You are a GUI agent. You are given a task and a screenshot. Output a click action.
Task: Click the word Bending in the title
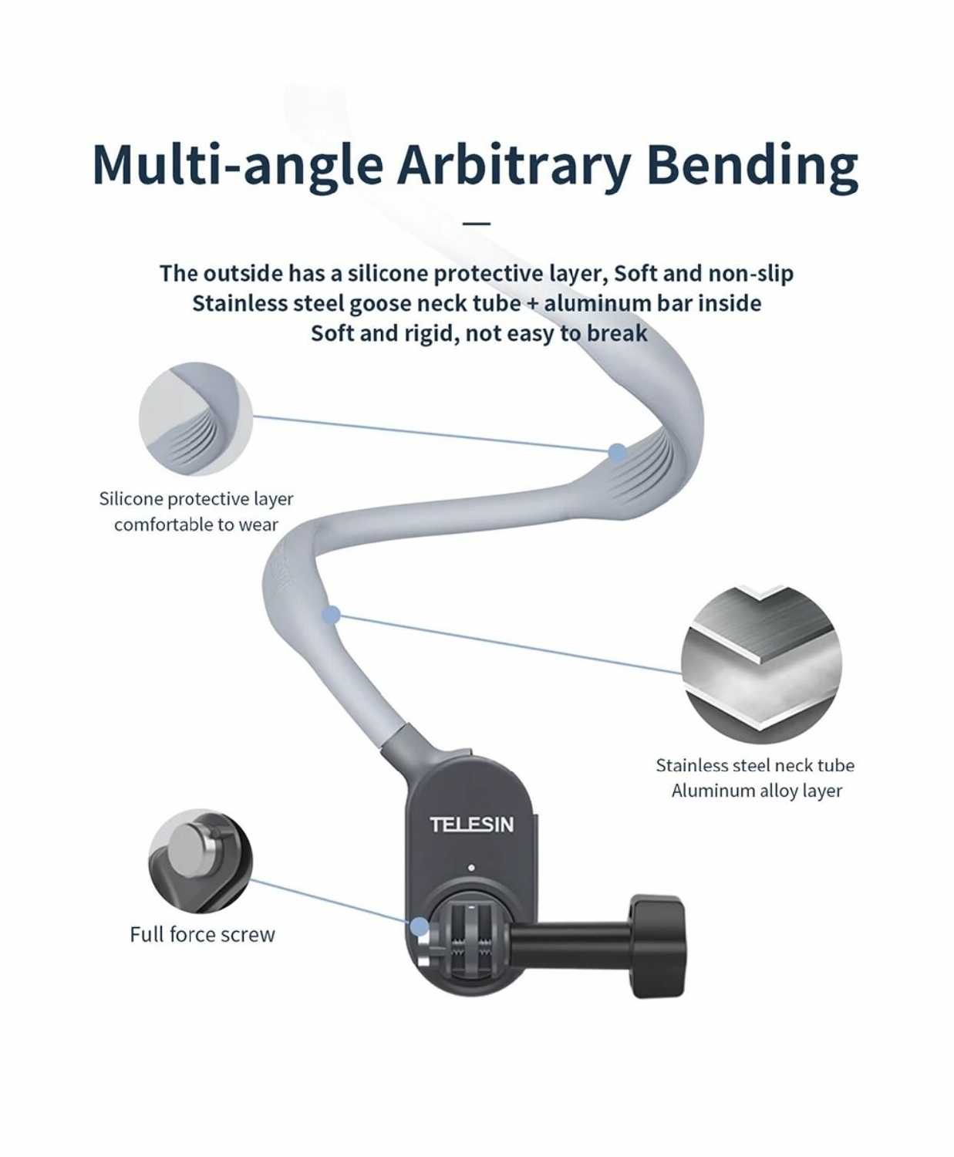coord(752,164)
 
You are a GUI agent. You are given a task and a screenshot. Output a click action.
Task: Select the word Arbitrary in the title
coord(514,164)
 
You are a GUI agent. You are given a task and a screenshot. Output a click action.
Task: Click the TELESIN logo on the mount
coord(471,825)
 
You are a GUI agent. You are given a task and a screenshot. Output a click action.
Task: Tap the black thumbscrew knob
coord(657,946)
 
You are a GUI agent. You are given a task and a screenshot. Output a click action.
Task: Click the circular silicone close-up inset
coord(196,419)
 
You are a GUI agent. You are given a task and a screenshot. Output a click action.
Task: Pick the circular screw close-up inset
coord(201,860)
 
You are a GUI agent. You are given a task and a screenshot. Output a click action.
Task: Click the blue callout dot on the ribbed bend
coord(617,453)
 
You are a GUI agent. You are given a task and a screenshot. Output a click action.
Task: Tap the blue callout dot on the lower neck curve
coord(331,615)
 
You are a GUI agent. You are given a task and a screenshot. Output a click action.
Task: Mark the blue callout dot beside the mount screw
coord(419,926)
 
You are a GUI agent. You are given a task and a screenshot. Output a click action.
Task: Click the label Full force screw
coord(202,935)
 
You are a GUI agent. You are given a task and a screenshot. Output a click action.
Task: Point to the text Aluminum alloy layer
coord(757,791)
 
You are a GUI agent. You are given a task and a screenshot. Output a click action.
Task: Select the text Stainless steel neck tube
coord(755,765)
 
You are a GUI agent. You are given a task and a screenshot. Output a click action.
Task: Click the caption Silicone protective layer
coord(196,499)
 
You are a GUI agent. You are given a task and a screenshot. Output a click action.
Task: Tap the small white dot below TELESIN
coord(471,868)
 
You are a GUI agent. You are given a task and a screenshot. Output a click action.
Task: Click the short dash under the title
coord(477,224)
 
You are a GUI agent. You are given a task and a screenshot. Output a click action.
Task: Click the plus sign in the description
coord(532,303)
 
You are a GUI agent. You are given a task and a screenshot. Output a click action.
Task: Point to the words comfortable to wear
coord(196,525)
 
